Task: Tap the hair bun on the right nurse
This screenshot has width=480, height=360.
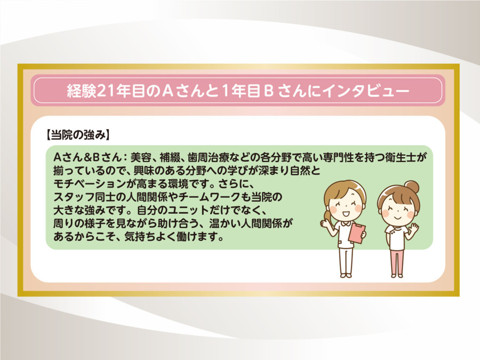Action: point(412,187)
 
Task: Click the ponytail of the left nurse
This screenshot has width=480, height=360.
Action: point(326,216)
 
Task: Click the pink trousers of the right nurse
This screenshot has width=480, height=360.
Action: point(397,261)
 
